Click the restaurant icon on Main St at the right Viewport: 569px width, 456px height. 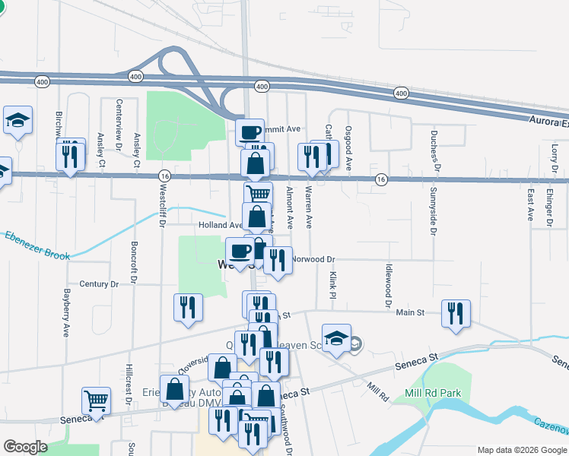pos(456,313)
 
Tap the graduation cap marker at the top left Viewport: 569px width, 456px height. pos(17,120)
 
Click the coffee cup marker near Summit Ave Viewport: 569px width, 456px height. pos(250,134)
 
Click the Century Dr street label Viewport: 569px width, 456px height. pos(99,283)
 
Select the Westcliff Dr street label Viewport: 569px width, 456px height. pos(162,205)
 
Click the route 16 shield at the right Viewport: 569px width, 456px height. pos(381,180)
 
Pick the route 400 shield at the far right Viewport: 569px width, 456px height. pos(401,93)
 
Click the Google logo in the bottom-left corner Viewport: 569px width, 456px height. pos(25,447)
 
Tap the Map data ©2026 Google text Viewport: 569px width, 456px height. pos(522,450)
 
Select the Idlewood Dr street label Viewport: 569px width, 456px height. pos(388,280)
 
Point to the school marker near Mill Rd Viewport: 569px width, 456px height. pos(336,338)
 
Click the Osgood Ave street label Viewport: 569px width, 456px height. pos(348,148)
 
